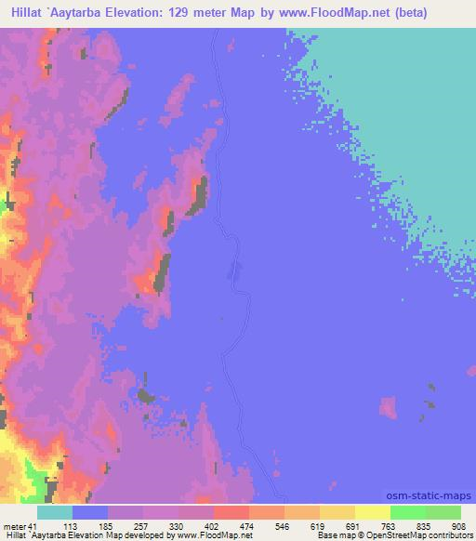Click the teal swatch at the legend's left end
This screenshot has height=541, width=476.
(x=55, y=512)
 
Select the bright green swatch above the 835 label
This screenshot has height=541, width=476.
(x=407, y=512)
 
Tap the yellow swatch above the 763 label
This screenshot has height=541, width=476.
(x=372, y=512)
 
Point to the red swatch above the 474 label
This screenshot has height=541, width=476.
(x=231, y=512)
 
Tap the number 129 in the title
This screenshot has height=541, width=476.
(x=210, y=16)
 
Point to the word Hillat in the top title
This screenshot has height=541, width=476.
(x=23, y=16)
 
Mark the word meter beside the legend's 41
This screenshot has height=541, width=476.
(x=16, y=526)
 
